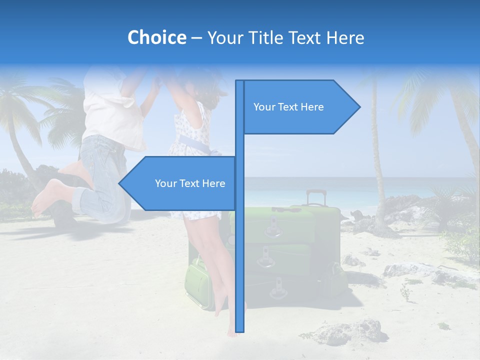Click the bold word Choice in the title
click(156, 37)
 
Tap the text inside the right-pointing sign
click(288, 107)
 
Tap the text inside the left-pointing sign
click(190, 183)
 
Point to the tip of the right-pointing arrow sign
click(359, 106)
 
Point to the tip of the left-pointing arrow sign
click(119, 183)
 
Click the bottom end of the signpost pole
click(240, 330)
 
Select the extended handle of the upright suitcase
click(316, 197)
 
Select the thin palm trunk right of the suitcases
click(376, 165)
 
